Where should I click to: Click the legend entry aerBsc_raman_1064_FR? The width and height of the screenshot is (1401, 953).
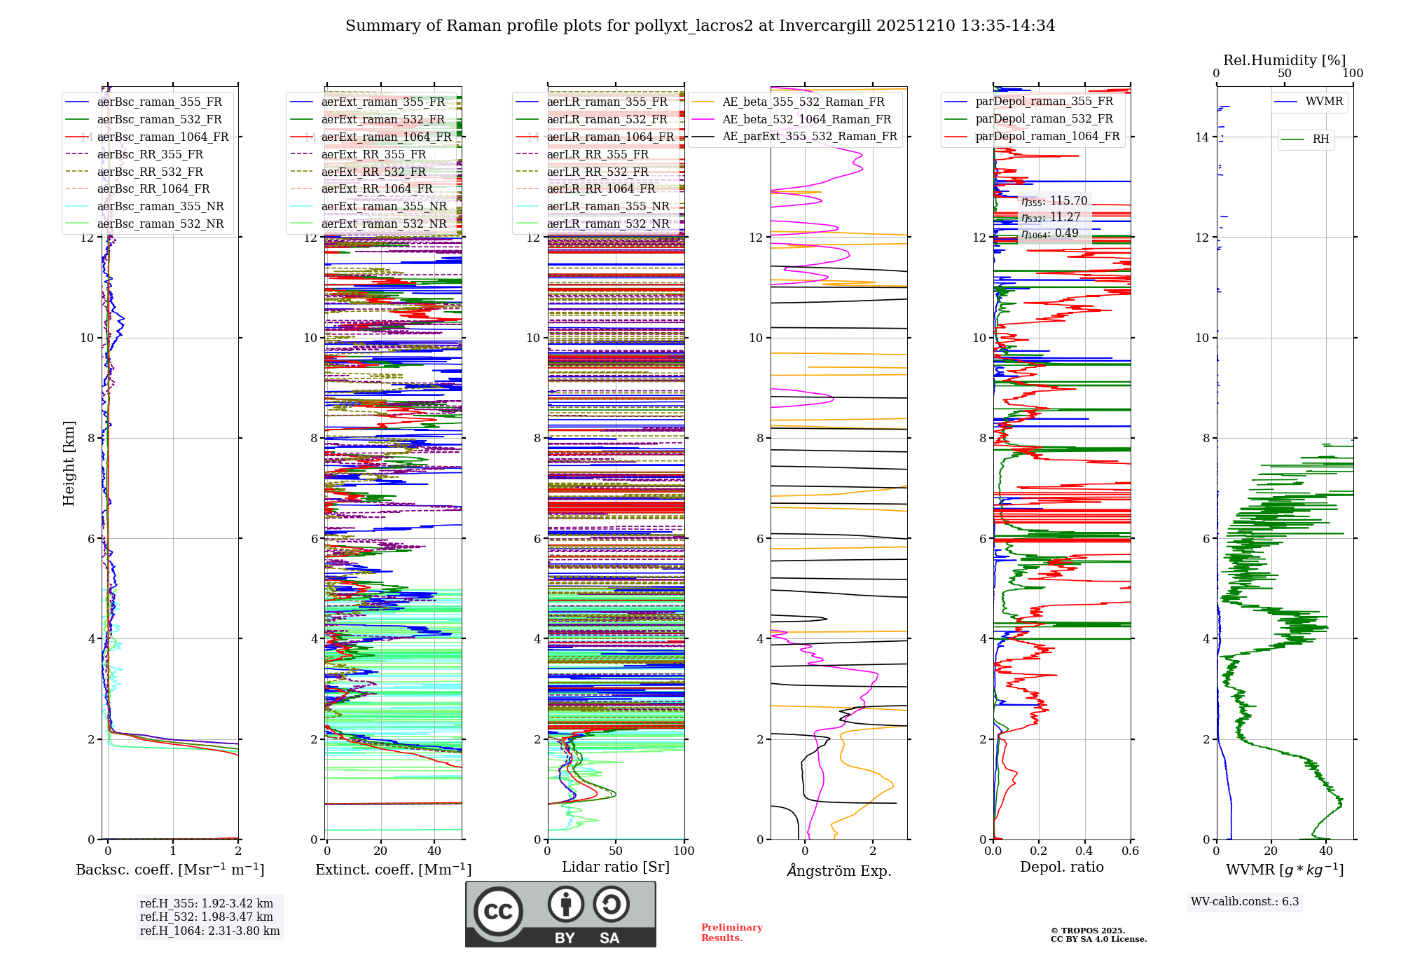pyautogui.click(x=163, y=137)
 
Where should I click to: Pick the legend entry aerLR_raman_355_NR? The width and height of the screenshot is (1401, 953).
pyautogui.click(x=608, y=206)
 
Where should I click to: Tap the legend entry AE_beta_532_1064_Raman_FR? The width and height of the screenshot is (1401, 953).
pyautogui.click(x=806, y=119)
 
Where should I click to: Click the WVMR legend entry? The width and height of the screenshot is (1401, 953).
pyautogui.click(x=1323, y=102)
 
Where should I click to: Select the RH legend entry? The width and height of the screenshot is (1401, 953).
pyautogui.click(x=1320, y=139)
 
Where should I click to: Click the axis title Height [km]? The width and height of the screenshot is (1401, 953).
pyautogui.click(x=69, y=463)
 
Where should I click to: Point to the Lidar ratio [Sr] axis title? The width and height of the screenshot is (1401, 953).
pyautogui.click(x=615, y=867)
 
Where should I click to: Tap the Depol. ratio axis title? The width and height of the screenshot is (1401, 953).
pyautogui.click(x=1061, y=867)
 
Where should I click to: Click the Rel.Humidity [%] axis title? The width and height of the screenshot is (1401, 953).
pyautogui.click(x=1284, y=60)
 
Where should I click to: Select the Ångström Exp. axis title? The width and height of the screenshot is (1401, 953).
pyautogui.click(x=838, y=870)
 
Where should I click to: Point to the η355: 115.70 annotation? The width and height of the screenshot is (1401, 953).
pyautogui.click(x=1054, y=201)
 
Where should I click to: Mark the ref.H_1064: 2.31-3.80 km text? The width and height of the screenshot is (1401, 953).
pyautogui.click(x=209, y=931)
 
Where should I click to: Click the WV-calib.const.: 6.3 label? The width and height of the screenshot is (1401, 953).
pyautogui.click(x=1245, y=901)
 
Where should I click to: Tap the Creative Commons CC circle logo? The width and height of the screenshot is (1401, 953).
pyautogui.click(x=498, y=911)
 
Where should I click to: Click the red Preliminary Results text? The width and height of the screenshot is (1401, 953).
pyautogui.click(x=731, y=932)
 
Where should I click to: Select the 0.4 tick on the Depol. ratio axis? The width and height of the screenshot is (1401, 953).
pyautogui.click(x=1084, y=851)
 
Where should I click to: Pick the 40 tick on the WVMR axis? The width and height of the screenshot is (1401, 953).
pyautogui.click(x=1325, y=851)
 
